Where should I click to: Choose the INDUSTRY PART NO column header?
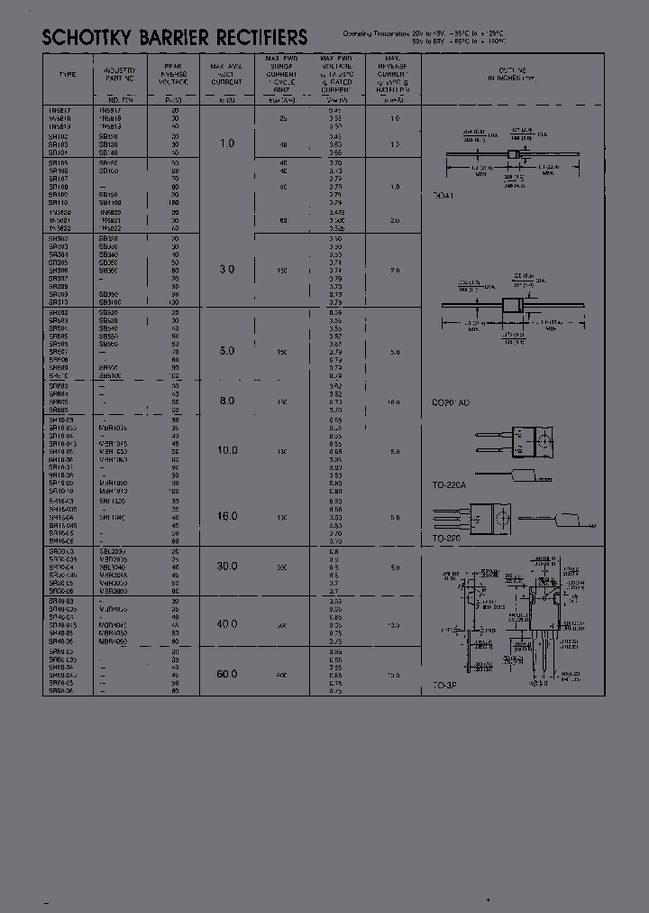tap(119, 74)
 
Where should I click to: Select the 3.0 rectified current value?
tap(227, 270)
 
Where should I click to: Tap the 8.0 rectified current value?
tap(227, 401)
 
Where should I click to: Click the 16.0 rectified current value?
tap(227, 517)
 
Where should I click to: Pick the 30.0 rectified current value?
tap(227, 567)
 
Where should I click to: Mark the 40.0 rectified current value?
tap(227, 624)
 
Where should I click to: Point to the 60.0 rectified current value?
tap(227, 674)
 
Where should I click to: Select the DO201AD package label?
tap(451, 401)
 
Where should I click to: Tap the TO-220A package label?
tap(448, 485)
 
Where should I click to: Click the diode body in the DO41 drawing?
tap(514, 154)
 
